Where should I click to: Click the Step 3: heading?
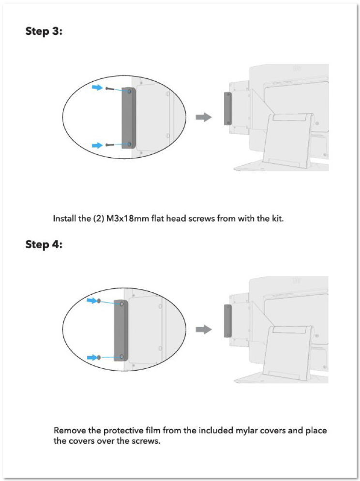(x=44, y=31)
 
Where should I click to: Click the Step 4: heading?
(x=44, y=244)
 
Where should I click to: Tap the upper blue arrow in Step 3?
(x=98, y=88)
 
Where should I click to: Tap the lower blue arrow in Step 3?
(x=98, y=145)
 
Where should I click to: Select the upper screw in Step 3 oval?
(x=109, y=89)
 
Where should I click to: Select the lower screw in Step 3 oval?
(x=109, y=145)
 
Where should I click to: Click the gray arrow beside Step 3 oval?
(x=204, y=117)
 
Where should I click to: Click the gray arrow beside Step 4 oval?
(x=204, y=330)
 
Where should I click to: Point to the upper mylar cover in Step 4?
(x=99, y=301)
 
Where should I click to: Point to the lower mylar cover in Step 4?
(x=99, y=358)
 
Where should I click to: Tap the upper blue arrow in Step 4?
(x=92, y=301)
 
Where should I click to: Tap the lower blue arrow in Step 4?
(x=92, y=358)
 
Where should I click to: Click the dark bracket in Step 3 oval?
(x=129, y=118)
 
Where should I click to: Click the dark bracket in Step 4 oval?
(x=121, y=331)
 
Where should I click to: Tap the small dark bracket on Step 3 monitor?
(x=228, y=108)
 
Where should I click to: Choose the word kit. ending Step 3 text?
(x=278, y=219)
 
